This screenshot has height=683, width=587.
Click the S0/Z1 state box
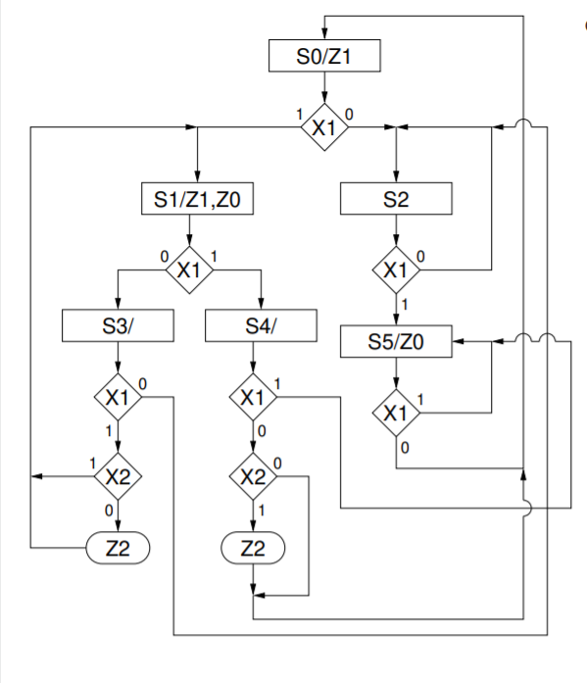click(323, 57)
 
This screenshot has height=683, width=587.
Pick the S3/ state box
click(118, 325)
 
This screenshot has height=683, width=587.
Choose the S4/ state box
click(262, 325)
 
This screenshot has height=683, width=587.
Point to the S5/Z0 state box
click(396, 342)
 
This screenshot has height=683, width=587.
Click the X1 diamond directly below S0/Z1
click(323, 127)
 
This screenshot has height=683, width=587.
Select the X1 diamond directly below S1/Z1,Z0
click(188, 269)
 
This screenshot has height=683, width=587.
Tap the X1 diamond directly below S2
click(396, 269)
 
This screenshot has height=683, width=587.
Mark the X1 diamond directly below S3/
click(118, 397)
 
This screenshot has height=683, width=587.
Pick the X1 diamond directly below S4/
click(254, 397)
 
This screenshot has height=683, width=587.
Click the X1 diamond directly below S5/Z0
click(396, 413)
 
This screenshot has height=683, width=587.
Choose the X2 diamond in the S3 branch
click(118, 477)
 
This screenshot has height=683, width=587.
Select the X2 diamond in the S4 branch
click(254, 477)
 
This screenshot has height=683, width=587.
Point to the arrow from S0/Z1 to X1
click(323, 88)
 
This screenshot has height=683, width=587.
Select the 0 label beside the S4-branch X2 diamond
click(278, 462)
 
